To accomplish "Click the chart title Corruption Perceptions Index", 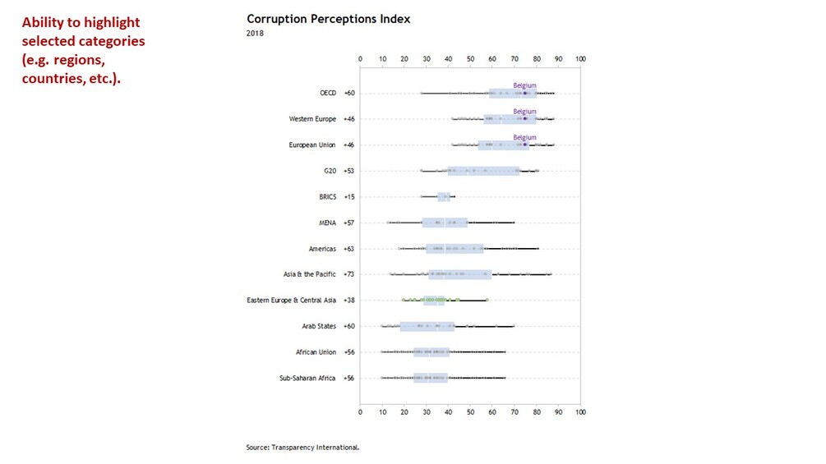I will pyautogui.click(x=328, y=19).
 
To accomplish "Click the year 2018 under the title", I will pyautogui.click(x=255, y=33).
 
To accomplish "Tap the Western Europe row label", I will pyautogui.click(x=312, y=119).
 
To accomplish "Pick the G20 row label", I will pyautogui.click(x=329, y=171).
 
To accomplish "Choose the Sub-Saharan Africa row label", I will pyautogui.click(x=307, y=378).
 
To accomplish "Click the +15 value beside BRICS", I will pyautogui.click(x=349, y=197).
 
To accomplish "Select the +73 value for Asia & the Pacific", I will pyautogui.click(x=349, y=273).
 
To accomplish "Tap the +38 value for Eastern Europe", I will pyautogui.click(x=349, y=300).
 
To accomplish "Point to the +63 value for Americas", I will pyautogui.click(x=349, y=248).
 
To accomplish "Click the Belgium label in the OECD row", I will pyautogui.click(x=524, y=85).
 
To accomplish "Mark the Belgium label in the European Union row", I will pyautogui.click(x=524, y=137).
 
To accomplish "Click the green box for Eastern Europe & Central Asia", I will pyautogui.click(x=434, y=300).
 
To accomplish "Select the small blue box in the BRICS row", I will pyautogui.click(x=444, y=197).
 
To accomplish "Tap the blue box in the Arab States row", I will pyautogui.click(x=427, y=326).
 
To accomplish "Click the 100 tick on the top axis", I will pyautogui.click(x=580, y=59).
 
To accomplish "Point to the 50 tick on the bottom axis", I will pyautogui.click(x=470, y=411).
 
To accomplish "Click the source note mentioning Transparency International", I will pyautogui.click(x=302, y=448).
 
